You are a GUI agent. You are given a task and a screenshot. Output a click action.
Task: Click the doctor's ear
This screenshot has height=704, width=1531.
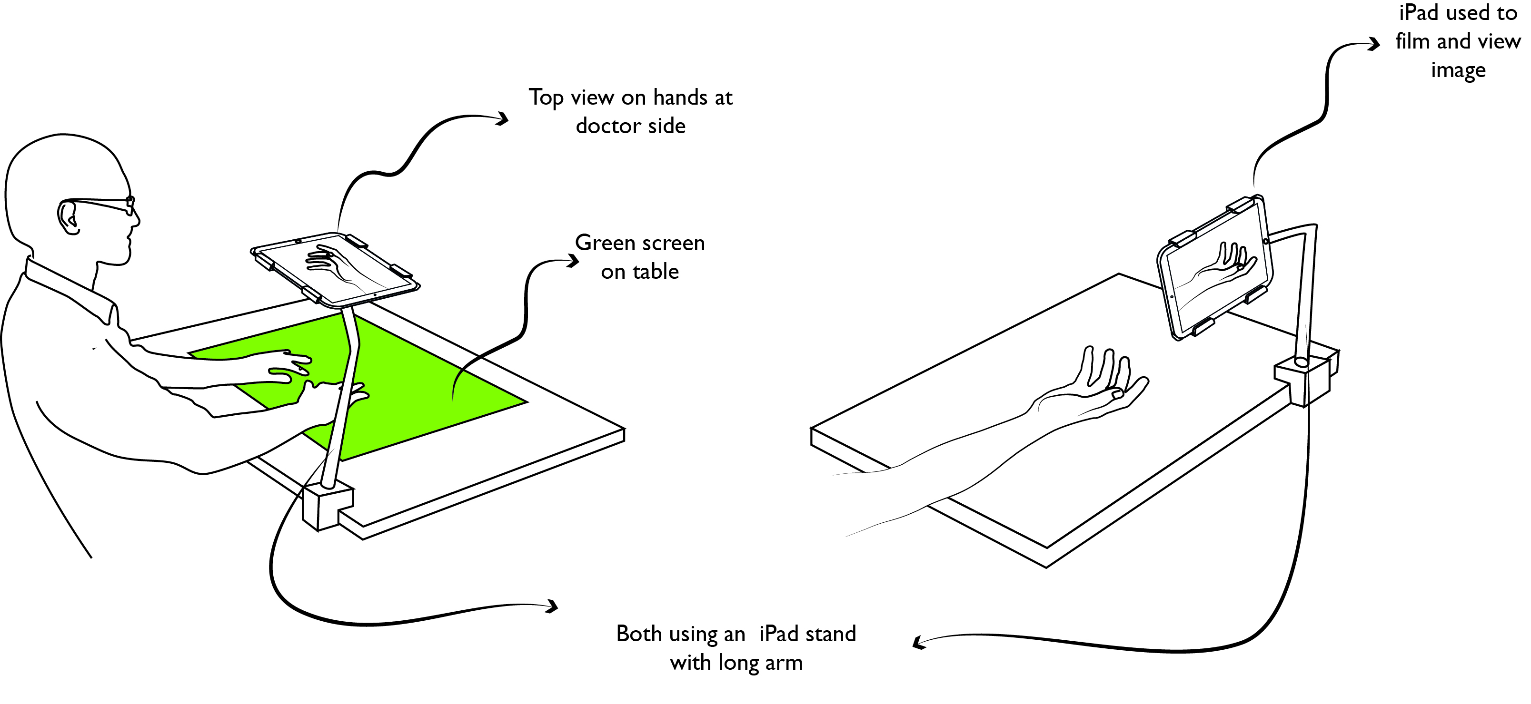[69, 217]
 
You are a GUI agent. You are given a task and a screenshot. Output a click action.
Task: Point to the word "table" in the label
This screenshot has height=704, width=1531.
[655, 272]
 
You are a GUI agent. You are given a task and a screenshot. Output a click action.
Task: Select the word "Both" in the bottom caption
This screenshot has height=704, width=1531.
[639, 634]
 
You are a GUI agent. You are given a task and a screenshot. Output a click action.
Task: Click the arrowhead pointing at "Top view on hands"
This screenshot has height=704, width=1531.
[503, 119]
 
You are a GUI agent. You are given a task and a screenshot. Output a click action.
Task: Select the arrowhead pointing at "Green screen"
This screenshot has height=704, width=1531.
[573, 261]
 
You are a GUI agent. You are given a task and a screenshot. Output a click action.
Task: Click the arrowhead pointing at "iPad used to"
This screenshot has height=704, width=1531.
[1373, 44]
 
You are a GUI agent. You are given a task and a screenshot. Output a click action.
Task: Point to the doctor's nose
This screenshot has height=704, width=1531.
[136, 220]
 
